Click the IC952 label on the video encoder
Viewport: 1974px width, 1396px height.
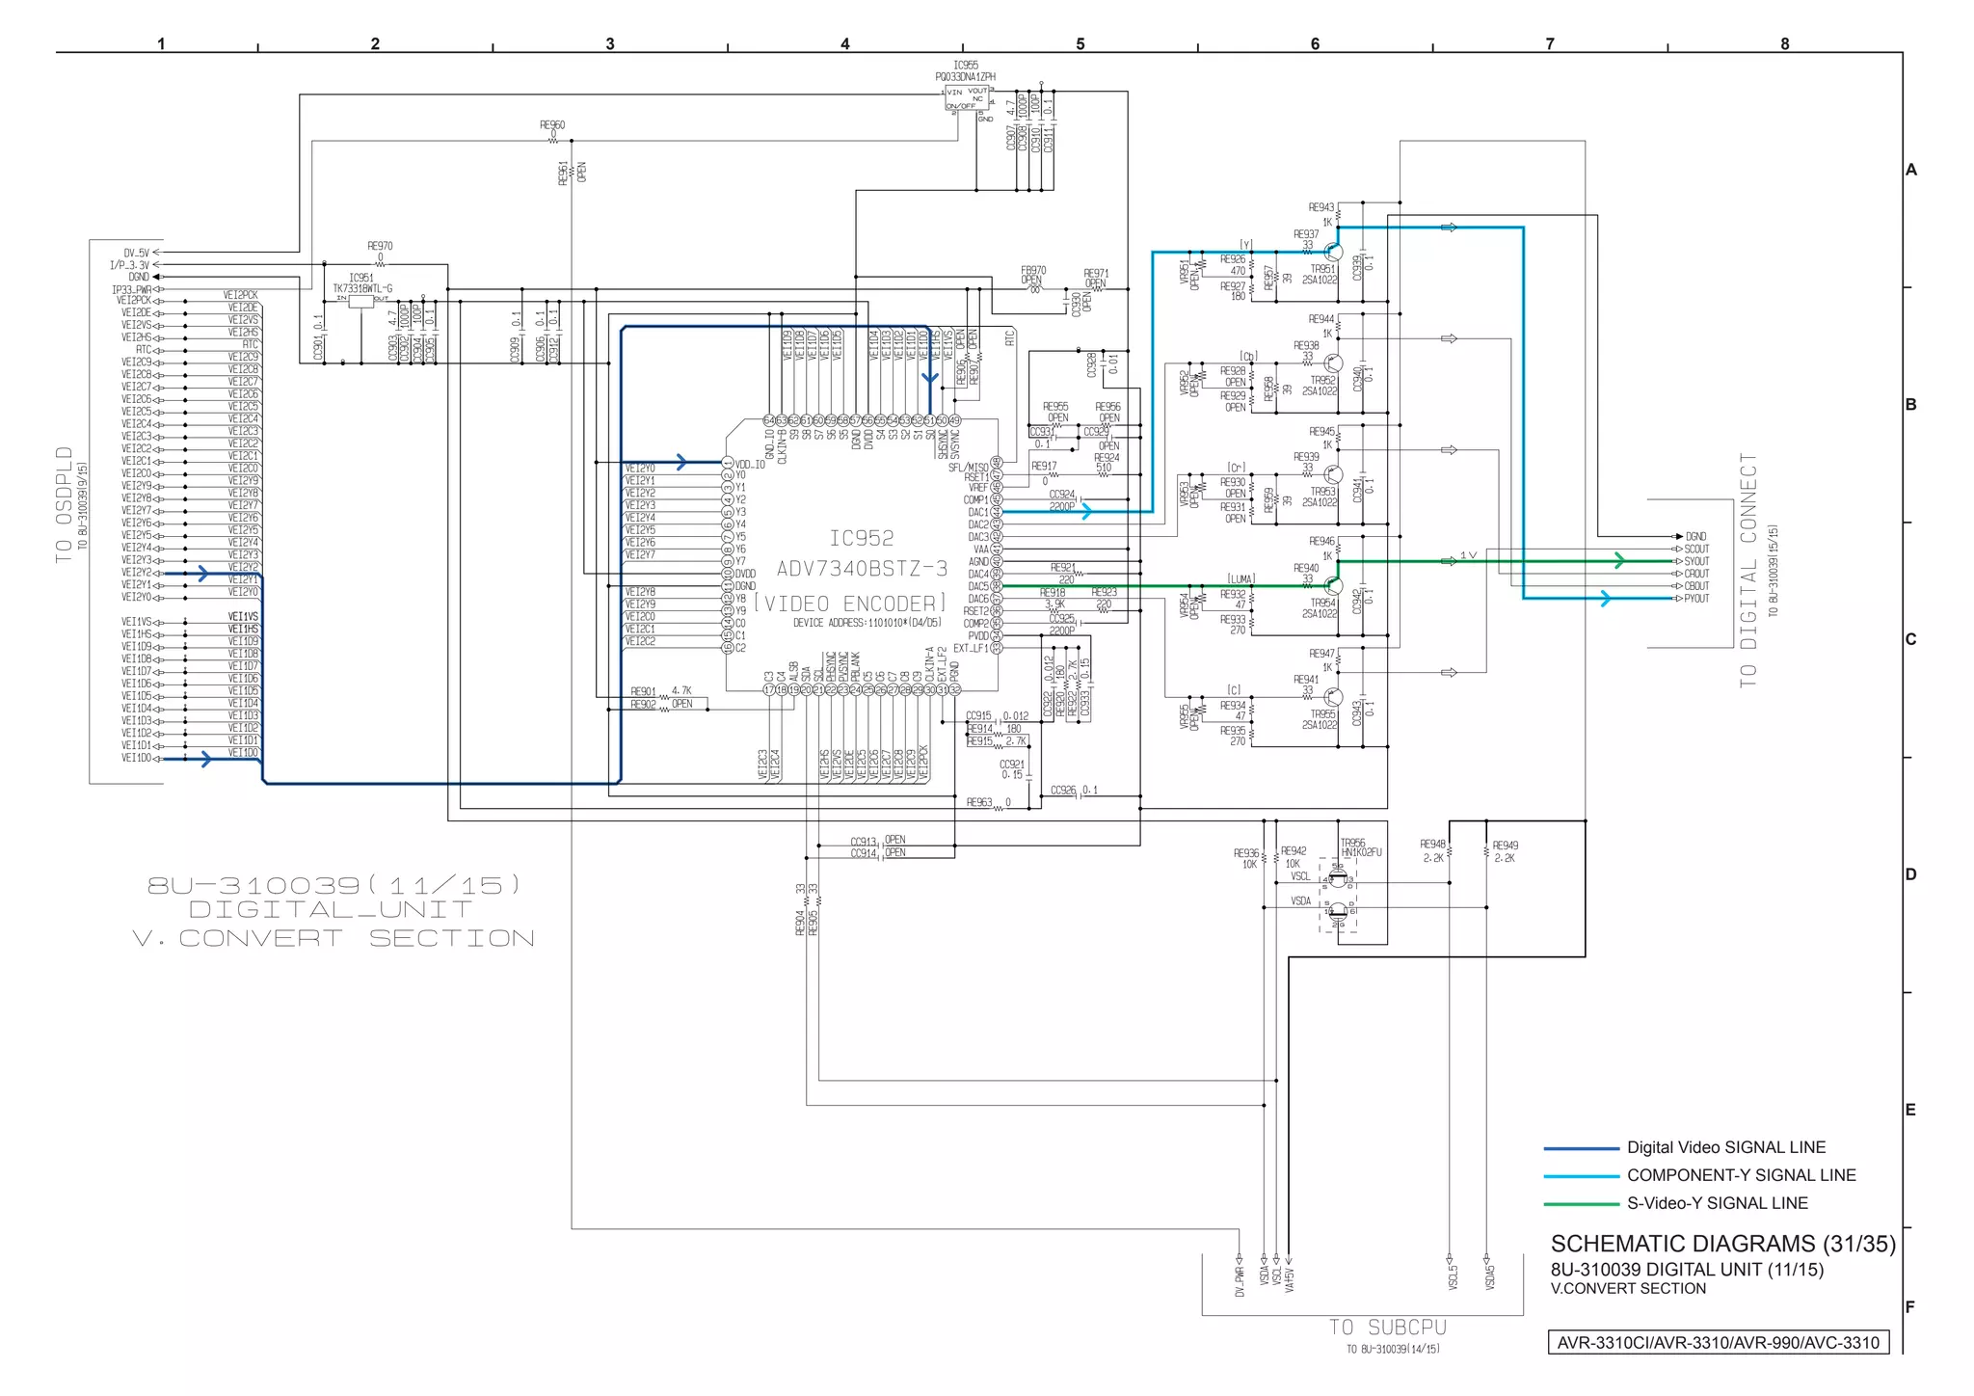pos(861,538)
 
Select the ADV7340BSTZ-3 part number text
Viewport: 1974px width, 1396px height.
pos(862,569)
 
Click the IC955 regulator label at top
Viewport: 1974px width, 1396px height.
pos(965,66)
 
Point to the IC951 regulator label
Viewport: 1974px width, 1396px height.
pos(361,278)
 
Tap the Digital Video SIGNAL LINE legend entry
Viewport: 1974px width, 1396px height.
pos(1725,1147)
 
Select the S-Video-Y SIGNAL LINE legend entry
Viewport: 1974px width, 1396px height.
pos(1717,1203)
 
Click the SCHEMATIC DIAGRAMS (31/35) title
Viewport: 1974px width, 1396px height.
pos(1722,1244)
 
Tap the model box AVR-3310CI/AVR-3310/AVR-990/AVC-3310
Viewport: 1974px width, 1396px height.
pos(1718,1342)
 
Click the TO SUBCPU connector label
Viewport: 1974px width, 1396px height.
pos(1388,1328)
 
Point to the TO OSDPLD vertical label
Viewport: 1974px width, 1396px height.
pos(65,504)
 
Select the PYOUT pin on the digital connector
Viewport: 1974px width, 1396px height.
pos(1696,599)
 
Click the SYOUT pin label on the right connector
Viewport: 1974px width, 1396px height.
pos(1696,561)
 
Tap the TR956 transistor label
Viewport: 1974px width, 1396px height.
pos(1352,843)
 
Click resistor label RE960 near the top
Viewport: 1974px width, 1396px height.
pos(552,125)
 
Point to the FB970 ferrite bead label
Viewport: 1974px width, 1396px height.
pos(1033,271)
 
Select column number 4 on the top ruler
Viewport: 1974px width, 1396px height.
pos(845,43)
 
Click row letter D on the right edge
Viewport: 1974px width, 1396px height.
pos(1910,874)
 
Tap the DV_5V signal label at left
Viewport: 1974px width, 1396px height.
pos(136,253)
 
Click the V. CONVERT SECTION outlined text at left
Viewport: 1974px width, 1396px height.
pos(333,938)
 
